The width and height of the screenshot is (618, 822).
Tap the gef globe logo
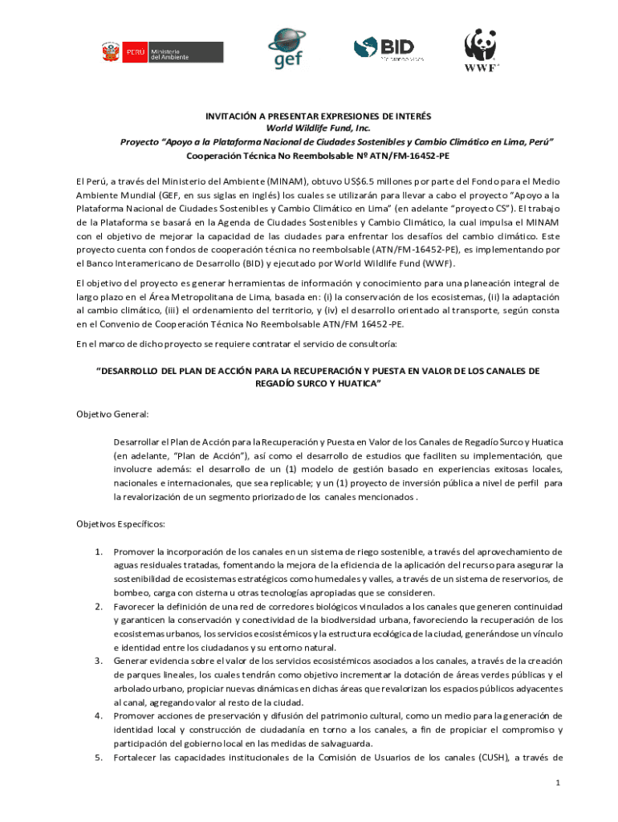point(287,48)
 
